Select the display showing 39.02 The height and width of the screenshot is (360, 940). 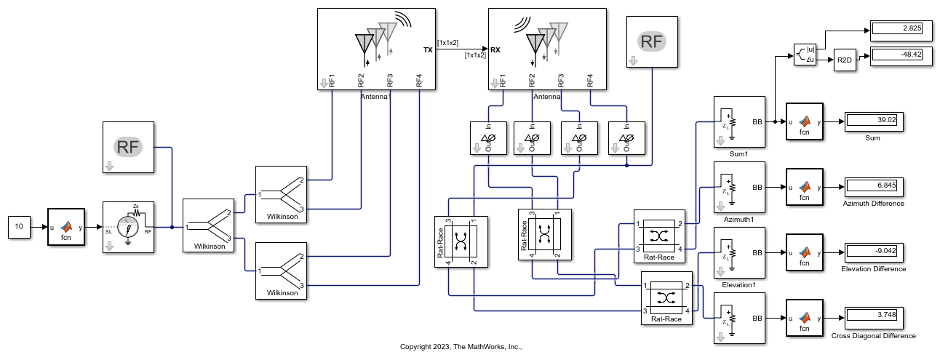pyautogui.click(x=873, y=121)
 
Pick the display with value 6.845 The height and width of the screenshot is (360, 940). pyautogui.click(x=873, y=187)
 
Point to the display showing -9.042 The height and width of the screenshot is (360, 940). pyautogui.click(x=873, y=252)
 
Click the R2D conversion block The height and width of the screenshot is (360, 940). pyautogui.click(x=845, y=60)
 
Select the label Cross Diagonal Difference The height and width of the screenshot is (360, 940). pyautogui.click(x=873, y=335)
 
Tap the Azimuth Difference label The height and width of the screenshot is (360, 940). pyautogui.click(x=873, y=204)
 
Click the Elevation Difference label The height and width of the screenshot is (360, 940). pyautogui.click(x=873, y=269)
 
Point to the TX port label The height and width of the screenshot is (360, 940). pyautogui.click(x=428, y=50)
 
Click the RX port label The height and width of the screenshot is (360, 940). pyautogui.click(x=495, y=50)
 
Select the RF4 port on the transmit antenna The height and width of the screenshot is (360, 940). pyautogui.click(x=419, y=81)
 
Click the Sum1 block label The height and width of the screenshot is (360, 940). pyautogui.click(x=739, y=153)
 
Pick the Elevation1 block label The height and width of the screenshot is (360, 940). pyautogui.click(x=739, y=284)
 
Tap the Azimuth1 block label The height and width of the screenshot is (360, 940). pyautogui.click(x=739, y=219)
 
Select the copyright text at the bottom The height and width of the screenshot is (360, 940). pyautogui.click(x=462, y=347)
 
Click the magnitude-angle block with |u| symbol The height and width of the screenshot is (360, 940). pyautogui.click(x=803, y=55)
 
